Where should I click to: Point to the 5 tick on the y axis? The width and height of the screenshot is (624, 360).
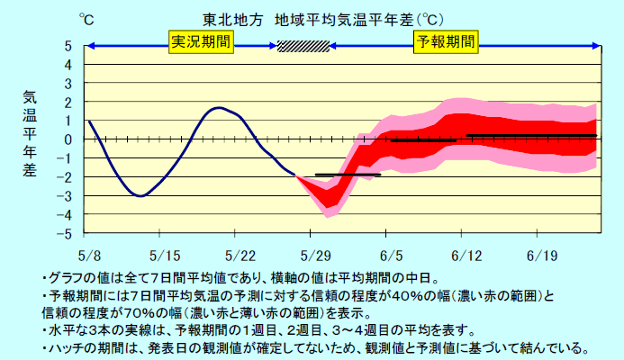(68, 46)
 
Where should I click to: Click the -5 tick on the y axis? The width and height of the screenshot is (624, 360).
(67, 234)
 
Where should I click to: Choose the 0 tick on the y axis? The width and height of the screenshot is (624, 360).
(68, 139)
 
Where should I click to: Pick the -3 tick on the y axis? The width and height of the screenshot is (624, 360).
(67, 196)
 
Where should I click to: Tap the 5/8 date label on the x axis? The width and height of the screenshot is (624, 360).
(89, 254)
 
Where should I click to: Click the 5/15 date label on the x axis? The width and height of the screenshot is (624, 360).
(165, 254)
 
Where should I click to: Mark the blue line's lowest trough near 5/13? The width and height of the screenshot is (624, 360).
(140, 195)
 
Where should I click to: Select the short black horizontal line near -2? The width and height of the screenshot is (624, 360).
(348, 175)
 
